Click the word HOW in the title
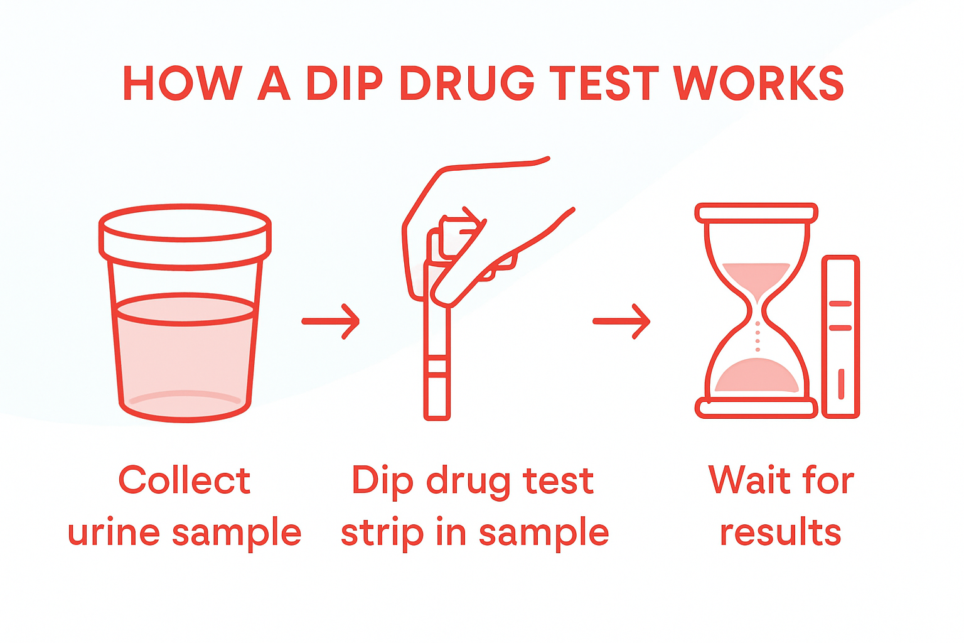tap(182, 84)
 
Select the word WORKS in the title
tap(759, 84)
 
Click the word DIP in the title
tap(344, 84)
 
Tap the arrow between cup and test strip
tap(331, 321)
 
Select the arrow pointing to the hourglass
tap(621, 321)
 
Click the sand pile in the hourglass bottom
tap(757, 377)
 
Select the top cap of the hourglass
tap(756, 213)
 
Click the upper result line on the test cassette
tap(840, 304)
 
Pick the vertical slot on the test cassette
tap(841, 384)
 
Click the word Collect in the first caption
tap(185, 481)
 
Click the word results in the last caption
tap(780, 532)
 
